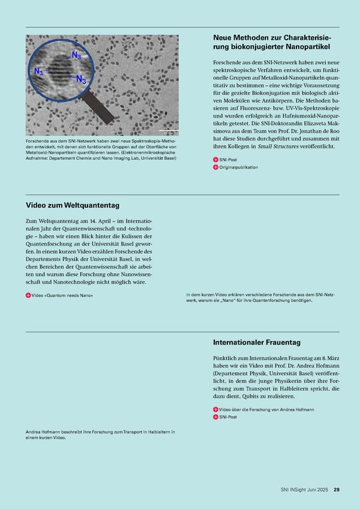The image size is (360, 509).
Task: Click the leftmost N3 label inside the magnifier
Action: (x=38, y=72)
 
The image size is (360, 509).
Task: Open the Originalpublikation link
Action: (x=238, y=167)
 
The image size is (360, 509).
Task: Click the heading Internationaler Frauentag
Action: (x=257, y=342)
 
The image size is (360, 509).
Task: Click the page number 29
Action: (x=337, y=489)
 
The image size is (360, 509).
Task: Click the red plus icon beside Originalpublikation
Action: (x=215, y=167)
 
